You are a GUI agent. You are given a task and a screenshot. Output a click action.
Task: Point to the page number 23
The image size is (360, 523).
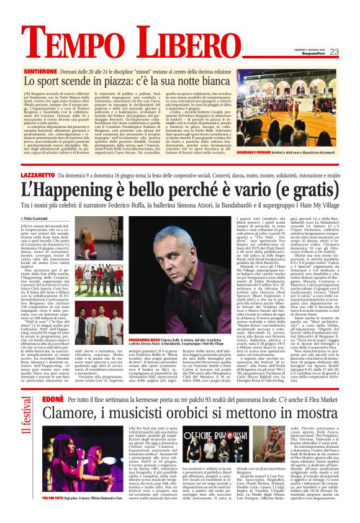[x=334, y=52]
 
